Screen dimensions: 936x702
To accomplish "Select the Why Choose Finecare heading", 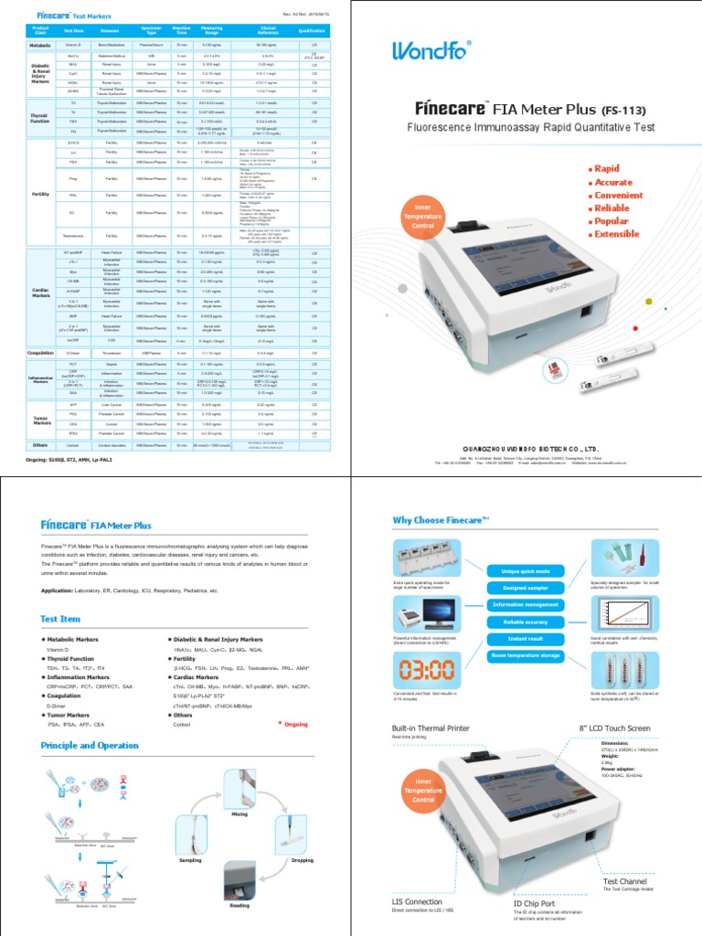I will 441,520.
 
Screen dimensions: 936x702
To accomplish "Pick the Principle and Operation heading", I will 91,746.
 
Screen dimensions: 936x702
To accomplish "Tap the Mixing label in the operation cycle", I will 239,813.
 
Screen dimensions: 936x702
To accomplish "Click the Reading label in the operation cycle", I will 239,907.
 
